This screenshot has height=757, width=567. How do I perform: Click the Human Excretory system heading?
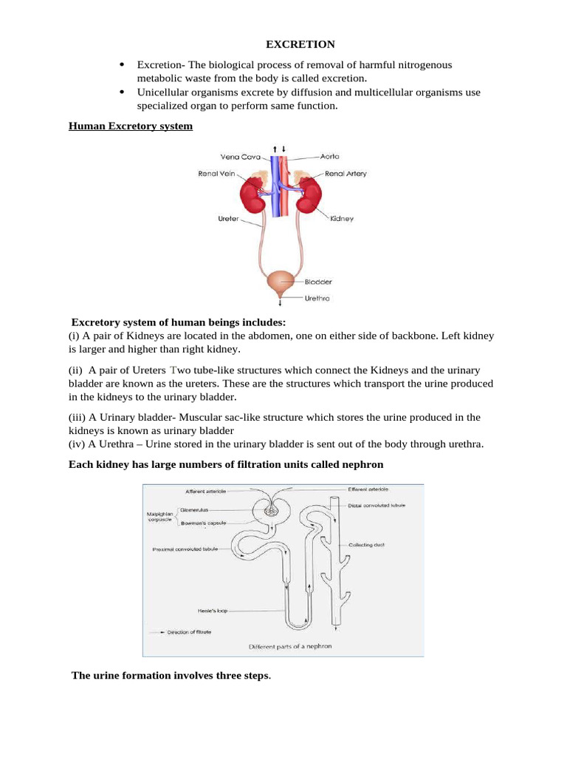coord(131,126)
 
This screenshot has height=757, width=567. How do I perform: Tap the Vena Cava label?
coord(239,157)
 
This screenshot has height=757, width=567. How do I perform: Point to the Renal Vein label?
coord(216,174)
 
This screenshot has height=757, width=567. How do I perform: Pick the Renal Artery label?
coord(346,174)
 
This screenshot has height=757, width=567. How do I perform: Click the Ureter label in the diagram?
coord(228,219)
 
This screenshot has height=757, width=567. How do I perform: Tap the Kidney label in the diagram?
coord(342,219)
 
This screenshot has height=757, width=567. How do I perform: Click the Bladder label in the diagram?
coord(318,282)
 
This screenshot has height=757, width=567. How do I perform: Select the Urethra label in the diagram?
coord(317,299)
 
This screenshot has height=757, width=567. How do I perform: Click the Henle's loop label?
coord(233,611)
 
